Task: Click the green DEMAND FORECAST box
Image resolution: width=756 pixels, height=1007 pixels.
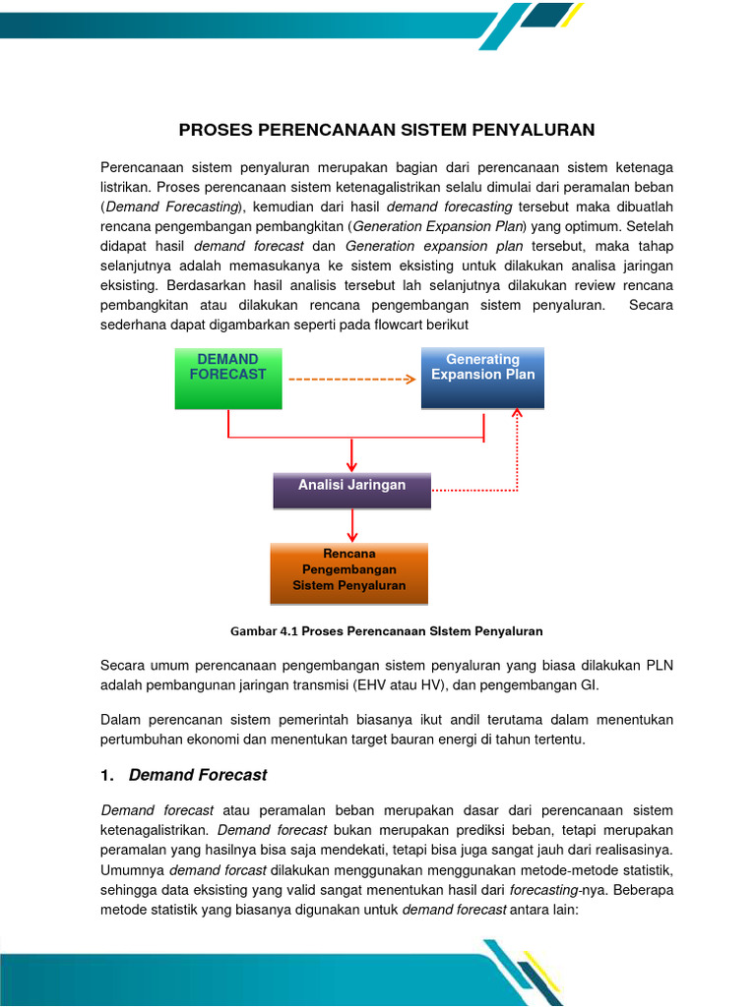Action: click(x=228, y=378)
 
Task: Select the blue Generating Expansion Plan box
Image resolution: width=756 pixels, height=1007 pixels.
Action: click(x=482, y=378)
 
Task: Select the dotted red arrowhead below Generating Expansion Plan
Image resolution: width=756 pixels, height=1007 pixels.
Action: click(x=518, y=415)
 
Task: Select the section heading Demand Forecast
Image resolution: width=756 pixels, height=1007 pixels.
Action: click(x=198, y=775)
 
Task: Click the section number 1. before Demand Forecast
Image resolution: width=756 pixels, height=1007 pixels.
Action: click(x=107, y=775)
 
